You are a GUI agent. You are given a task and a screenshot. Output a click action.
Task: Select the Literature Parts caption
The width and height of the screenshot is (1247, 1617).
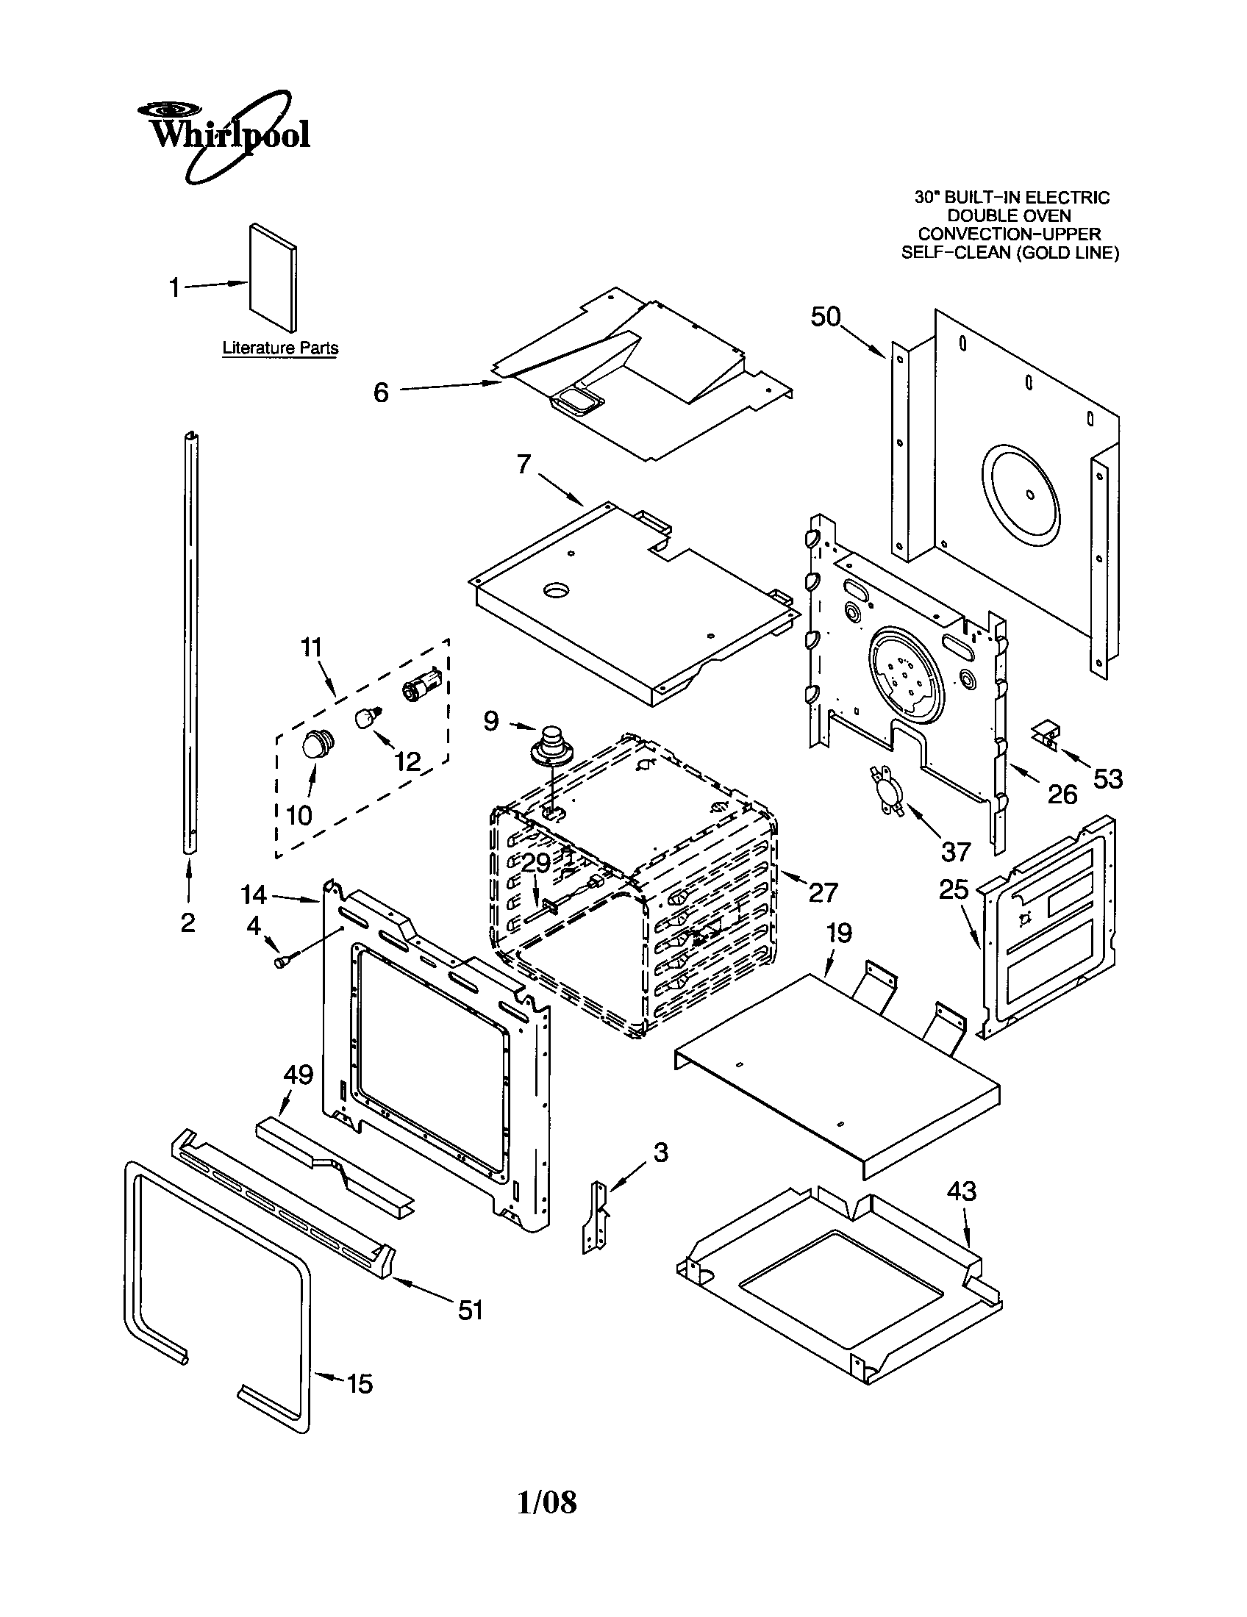(x=281, y=347)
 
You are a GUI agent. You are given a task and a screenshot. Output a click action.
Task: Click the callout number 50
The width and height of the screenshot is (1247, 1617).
(x=826, y=317)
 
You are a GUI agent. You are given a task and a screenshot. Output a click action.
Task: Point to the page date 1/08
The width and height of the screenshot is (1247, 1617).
(x=546, y=1502)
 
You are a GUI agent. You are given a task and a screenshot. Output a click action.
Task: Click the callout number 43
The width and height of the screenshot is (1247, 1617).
(x=961, y=1191)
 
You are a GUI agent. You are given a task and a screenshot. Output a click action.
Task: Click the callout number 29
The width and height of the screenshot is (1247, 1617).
(x=536, y=864)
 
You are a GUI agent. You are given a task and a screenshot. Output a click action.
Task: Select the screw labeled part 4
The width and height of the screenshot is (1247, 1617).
(x=283, y=961)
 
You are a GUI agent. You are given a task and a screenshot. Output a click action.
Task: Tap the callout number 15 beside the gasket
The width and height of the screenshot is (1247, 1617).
(x=360, y=1384)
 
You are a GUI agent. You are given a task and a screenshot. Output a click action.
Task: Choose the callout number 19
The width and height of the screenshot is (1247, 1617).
(x=839, y=933)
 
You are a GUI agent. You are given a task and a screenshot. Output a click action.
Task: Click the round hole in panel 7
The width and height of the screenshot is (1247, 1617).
(x=557, y=590)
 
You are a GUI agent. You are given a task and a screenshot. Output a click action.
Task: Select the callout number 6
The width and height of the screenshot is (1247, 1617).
(x=381, y=392)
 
